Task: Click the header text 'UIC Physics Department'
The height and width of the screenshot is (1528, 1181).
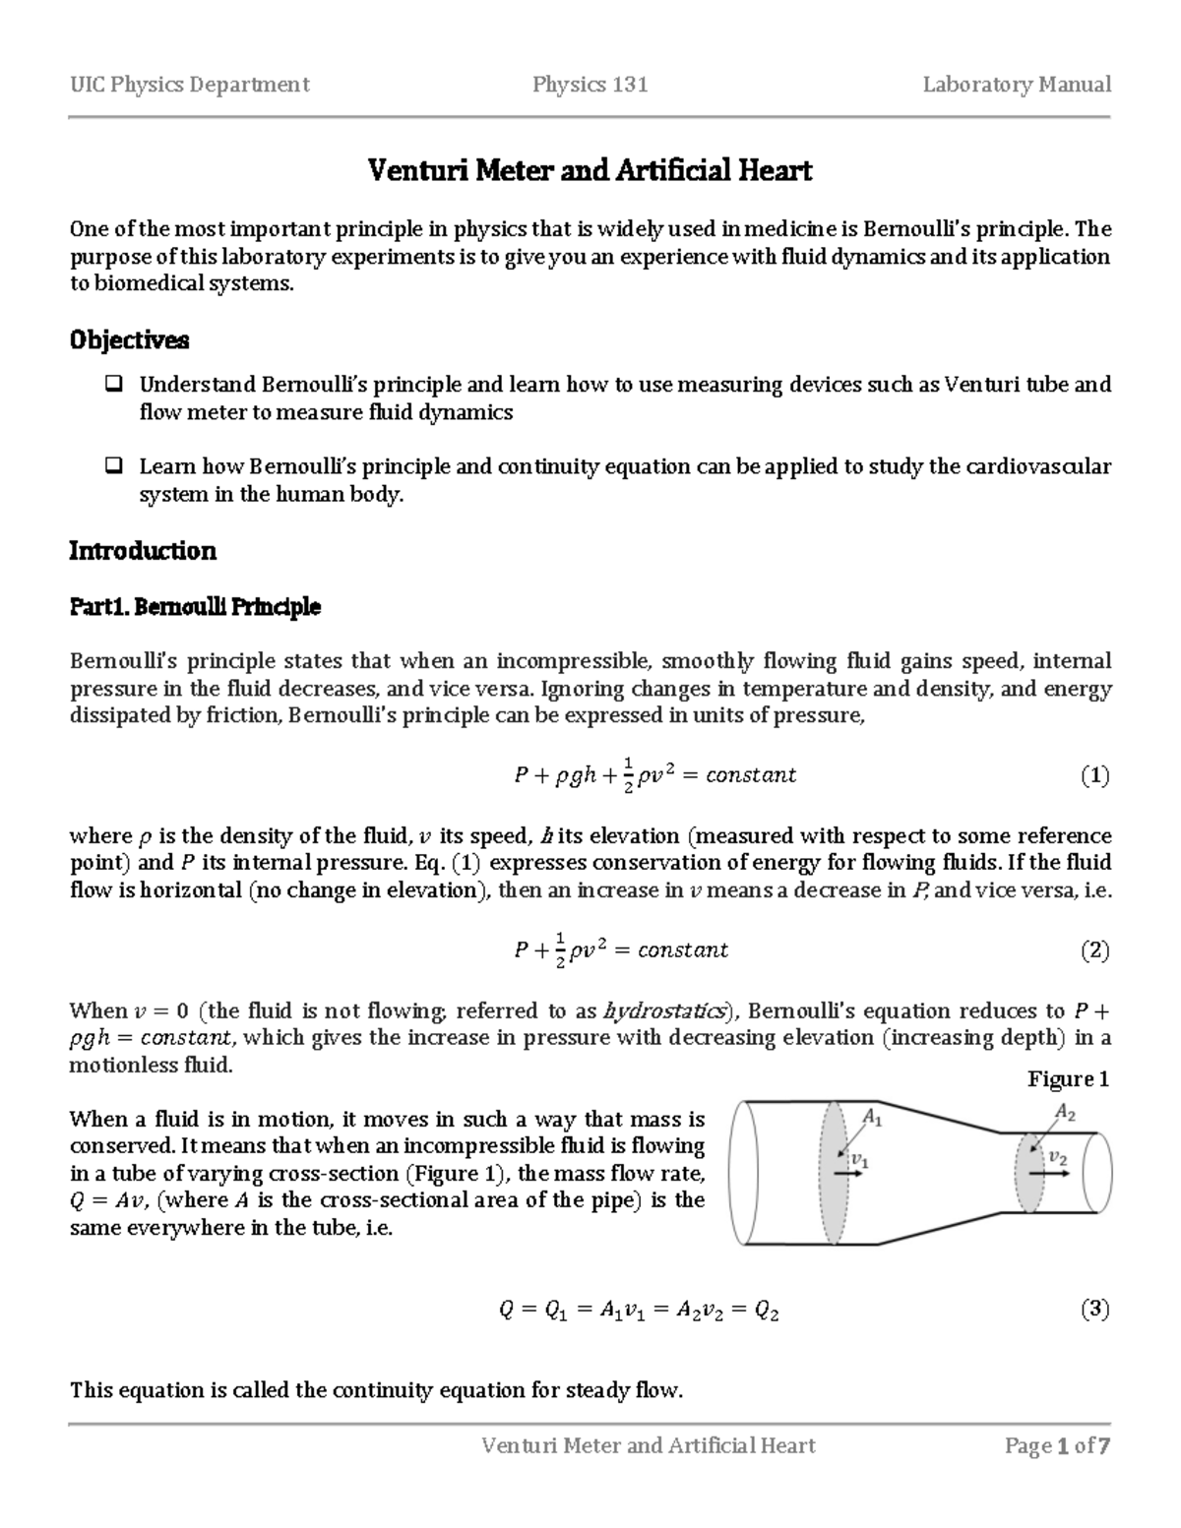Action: click(x=189, y=85)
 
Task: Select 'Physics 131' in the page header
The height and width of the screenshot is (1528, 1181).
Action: click(x=590, y=85)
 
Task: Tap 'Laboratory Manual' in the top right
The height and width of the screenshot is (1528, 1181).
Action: click(x=1017, y=85)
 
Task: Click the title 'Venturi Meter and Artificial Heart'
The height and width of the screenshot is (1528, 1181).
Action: click(x=590, y=171)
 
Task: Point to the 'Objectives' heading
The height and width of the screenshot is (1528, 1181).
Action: click(x=129, y=340)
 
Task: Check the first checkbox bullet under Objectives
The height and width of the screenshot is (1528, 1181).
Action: click(x=113, y=384)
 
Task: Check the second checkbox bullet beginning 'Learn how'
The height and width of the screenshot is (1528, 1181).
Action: click(x=113, y=466)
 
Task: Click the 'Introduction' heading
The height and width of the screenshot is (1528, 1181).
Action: click(x=143, y=551)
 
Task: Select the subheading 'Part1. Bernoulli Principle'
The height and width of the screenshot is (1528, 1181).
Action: click(x=195, y=607)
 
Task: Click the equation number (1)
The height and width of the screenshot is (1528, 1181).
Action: click(x=1094, y=775)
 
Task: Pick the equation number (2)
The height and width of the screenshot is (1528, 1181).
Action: click(x=1094, y=950)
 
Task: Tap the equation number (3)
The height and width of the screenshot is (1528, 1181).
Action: click(x=1094, y=1310)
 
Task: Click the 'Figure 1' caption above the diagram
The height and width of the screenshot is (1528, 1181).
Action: click(x=1068, y=1079)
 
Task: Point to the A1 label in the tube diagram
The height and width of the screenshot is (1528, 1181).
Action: click(x=872, y=1117)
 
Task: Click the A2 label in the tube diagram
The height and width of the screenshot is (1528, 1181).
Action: click(x=1064, y=1112)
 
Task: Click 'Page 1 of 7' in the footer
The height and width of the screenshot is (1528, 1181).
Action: click(x=1057, y=1445)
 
